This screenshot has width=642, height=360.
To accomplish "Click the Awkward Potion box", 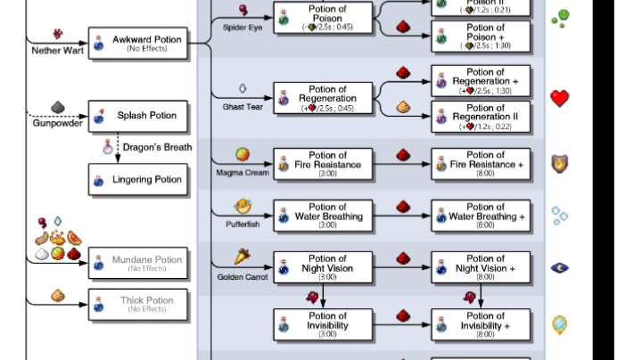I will click(138, 43).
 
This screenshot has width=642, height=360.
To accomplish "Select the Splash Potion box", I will click(138, 116).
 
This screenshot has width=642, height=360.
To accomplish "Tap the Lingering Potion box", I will click(138, 180).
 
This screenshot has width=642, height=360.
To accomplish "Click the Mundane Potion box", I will click(138, 263).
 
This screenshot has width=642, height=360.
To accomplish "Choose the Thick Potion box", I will click(138, 304).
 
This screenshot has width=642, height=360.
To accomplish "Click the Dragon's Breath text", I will click(157, 147).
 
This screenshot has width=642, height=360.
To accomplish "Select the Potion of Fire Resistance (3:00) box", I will click(323, 165).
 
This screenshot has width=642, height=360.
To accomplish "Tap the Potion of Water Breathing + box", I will click(481, 217).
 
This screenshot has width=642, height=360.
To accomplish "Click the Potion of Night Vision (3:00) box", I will click(323, 268).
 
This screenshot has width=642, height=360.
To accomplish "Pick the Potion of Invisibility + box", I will click(481, 326).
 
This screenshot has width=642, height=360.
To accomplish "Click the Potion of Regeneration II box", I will click(481, 117).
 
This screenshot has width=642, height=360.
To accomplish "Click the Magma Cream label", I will click(242, 172).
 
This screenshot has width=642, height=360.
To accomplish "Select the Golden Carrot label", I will click(242, 276).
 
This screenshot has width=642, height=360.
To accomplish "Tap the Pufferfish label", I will click(242, 225).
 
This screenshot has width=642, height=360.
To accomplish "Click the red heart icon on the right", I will click(559, 98).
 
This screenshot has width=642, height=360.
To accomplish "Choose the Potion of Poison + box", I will click(481, 37).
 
